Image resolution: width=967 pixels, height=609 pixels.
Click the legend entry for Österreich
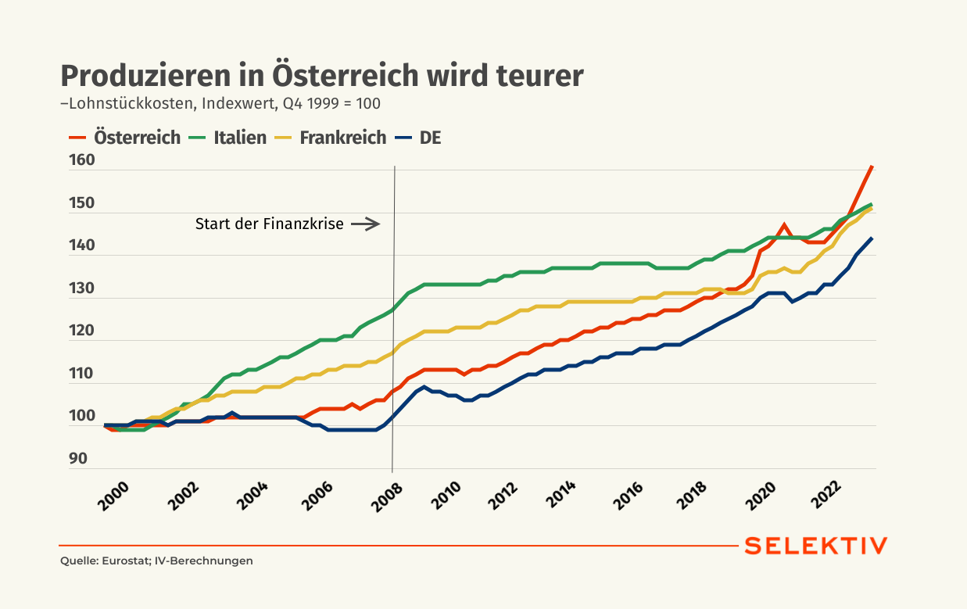125,138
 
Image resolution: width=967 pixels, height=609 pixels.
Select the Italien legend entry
228,138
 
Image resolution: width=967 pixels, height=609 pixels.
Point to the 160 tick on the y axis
81,160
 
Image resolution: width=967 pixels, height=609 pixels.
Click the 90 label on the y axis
78,458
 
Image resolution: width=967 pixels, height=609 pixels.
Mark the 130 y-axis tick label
81,288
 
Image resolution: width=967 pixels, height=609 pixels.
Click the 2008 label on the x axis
387,497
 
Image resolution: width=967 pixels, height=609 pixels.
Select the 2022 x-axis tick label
826,495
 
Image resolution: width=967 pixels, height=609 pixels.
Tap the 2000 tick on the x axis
113,496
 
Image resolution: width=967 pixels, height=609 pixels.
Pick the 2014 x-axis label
561,494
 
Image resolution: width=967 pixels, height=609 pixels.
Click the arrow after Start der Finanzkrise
365,224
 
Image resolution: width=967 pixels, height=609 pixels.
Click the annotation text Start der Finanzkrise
270,224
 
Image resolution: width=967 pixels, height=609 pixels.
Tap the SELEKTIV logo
816,546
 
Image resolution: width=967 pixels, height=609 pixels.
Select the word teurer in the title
540,76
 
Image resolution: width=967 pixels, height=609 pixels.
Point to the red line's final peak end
872,167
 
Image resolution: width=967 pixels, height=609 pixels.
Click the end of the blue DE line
872,238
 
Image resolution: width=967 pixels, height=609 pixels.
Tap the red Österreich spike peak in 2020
784,225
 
